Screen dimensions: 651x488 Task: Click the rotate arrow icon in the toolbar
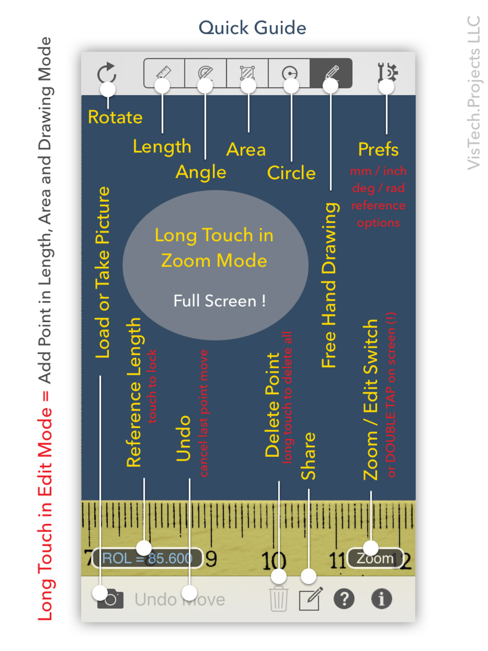(106, 73)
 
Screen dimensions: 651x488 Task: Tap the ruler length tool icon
(164, 73)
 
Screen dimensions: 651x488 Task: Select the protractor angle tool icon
(205, 73)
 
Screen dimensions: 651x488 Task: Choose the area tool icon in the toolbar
(247, 73)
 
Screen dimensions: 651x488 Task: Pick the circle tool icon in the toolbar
(289, 73)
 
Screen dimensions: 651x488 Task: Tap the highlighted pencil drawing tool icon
(331, 73)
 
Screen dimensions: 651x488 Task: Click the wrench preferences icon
(387, 73)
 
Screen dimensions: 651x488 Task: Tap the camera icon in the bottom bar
(110, 599)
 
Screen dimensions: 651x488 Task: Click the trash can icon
(279, 599)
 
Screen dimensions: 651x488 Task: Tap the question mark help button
(344, 598)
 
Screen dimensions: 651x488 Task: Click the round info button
(382, 598)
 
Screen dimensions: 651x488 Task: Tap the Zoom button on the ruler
(375, 558)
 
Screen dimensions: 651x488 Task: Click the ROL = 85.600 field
(147, 558)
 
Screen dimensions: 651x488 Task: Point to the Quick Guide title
(252, 28)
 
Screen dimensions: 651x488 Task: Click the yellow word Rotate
(115, 117)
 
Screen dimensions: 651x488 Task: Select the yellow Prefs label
(378, 149)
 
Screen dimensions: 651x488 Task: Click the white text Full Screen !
(220, 301)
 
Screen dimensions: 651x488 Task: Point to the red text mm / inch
(378, 171)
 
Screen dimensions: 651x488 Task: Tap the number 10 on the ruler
(273, 560)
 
